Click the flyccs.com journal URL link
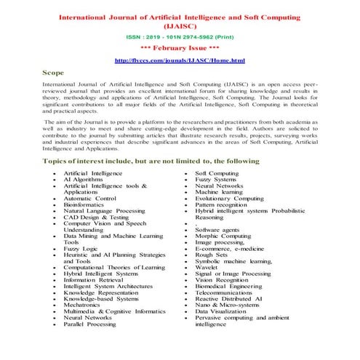[180, 60]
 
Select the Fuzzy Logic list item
[81, 249]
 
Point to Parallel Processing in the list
[90, 344]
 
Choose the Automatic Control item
[90, 197]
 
